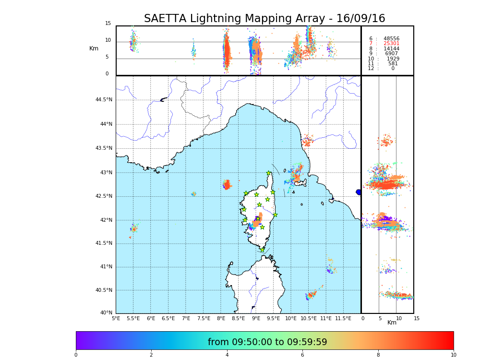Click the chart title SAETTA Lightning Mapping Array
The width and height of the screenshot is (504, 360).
[264, 19]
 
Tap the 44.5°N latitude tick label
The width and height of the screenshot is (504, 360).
[104, 100]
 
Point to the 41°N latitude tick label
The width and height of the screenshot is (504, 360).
[105, 267]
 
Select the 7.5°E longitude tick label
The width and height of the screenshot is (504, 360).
[204, 318]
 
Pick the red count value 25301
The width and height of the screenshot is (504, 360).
[391, 44]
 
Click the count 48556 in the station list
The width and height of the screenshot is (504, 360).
[391, 38]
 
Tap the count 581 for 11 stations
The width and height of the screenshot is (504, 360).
[393, 64]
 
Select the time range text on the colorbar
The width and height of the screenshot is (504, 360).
[267, 342]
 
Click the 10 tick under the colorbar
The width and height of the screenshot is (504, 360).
[453, 355]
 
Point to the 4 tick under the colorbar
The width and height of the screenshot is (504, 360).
[227, 355]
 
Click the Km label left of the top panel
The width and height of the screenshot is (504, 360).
[94, 48]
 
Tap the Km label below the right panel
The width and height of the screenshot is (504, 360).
[392, 323]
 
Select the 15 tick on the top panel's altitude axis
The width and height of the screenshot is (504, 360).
[108, 24]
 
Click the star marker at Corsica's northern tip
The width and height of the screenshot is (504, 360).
[269, 173]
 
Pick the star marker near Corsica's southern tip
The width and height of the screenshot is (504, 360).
[262, 250]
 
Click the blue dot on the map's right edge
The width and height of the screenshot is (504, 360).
[359, 192]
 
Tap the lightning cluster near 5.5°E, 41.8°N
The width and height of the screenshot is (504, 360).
[133, 228]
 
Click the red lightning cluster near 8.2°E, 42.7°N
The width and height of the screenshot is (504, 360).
[227, 185]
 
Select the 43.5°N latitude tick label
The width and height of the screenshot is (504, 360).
[104, 148]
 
